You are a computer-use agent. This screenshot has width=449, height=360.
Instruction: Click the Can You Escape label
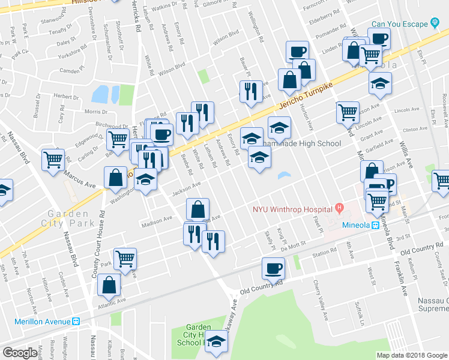click(399, 24)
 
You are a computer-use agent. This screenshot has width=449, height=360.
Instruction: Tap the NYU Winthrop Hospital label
click(292, 209)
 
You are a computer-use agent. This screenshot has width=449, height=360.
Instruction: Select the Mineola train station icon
click(375, 226)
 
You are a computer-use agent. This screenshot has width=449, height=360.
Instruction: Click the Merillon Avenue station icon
click(76, 321)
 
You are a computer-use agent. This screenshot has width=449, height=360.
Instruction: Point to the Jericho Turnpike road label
click(305, 96)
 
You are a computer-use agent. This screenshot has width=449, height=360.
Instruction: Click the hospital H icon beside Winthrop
click(340, 209)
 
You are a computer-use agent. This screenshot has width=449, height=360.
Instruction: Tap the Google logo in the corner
click(20, 353)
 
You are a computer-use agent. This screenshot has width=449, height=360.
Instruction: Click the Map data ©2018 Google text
click(412, 355)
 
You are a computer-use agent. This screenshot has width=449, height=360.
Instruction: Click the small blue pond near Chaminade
click(284, 176)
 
